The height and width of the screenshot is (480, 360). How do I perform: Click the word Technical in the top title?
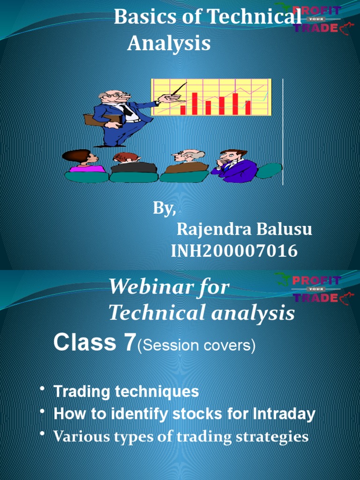pyautogui.click(x=254, y=18)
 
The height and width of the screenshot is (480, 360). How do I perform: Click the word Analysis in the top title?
pyautogui.click(x=169, y=44)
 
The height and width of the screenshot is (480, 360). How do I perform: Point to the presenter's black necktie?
pyautogui.click(x=127, y=111)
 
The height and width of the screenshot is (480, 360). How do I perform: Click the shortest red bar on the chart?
pyautogui.click(x=183, y=110)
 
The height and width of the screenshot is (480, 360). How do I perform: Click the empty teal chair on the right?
pyautogui.click(x=269, y=170)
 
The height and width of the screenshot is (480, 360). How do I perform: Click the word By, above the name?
pyautogui.click(x=165, y=209)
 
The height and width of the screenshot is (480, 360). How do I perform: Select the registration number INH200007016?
pyautogui.click(x=234, y=251)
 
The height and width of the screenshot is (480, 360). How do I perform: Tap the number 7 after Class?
pyautogui.click(x=129, y=343)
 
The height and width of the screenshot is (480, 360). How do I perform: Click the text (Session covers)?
pyautogui.click(x=196, y=346)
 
